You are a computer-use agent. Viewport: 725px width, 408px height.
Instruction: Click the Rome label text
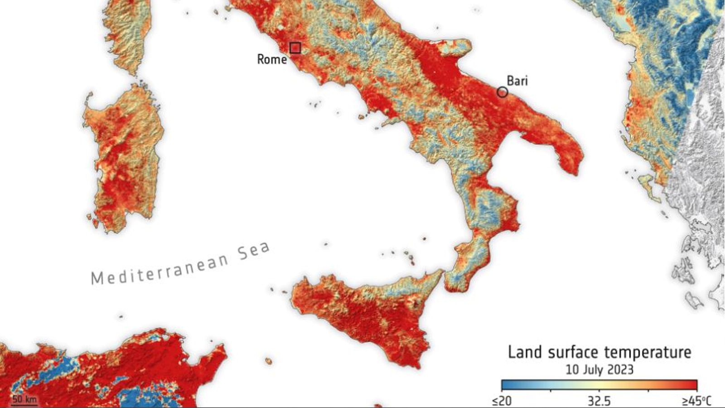272,59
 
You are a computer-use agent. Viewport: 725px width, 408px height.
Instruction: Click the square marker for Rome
295,48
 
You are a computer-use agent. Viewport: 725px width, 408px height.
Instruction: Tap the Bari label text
517,81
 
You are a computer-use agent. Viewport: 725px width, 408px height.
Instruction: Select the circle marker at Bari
502,92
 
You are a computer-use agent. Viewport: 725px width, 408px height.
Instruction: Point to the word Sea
254,252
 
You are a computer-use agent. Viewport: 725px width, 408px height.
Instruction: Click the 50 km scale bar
24,400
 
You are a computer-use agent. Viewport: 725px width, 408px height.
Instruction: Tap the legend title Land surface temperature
599,352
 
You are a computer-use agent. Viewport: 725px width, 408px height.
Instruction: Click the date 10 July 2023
599,369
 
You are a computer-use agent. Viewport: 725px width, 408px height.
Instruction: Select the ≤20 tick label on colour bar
502,401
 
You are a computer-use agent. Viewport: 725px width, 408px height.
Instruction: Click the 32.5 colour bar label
599,401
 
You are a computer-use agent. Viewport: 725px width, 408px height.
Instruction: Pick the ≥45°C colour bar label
696,401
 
